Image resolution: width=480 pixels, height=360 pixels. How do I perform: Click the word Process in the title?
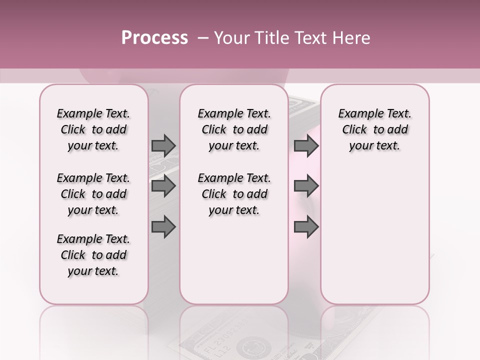154,38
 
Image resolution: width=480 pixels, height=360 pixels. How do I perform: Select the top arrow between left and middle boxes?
163,145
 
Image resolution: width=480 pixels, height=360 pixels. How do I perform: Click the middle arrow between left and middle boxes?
163,186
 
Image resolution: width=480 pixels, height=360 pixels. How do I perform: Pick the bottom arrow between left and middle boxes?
163,226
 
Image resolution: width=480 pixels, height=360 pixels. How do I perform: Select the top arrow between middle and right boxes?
306,145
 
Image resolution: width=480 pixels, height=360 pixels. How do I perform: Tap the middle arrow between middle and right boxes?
306,186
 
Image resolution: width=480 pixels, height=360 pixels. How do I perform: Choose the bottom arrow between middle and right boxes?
306,226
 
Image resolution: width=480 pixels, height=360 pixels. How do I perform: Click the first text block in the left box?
93,129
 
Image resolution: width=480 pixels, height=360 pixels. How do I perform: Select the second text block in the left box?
93,194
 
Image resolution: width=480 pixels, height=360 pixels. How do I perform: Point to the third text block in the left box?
93,255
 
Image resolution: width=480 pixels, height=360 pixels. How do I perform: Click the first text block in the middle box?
234,129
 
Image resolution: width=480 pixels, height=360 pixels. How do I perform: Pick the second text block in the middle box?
234,194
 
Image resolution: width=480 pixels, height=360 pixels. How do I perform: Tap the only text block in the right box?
374,129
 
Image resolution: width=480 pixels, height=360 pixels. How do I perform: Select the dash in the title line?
203,38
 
